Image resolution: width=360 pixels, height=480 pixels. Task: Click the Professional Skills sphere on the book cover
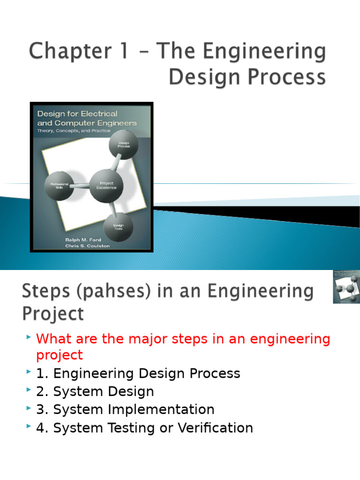(x=59, y=185)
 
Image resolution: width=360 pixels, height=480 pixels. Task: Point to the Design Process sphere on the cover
(x=123, y=145)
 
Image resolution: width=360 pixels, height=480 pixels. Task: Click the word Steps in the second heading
(x=43, y=292)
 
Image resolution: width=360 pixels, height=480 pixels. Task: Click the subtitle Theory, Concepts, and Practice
(x=74, y=131)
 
